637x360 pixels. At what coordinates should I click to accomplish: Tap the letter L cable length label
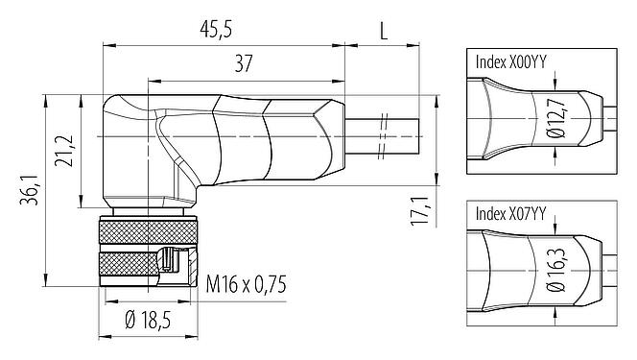click(384, 30)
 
